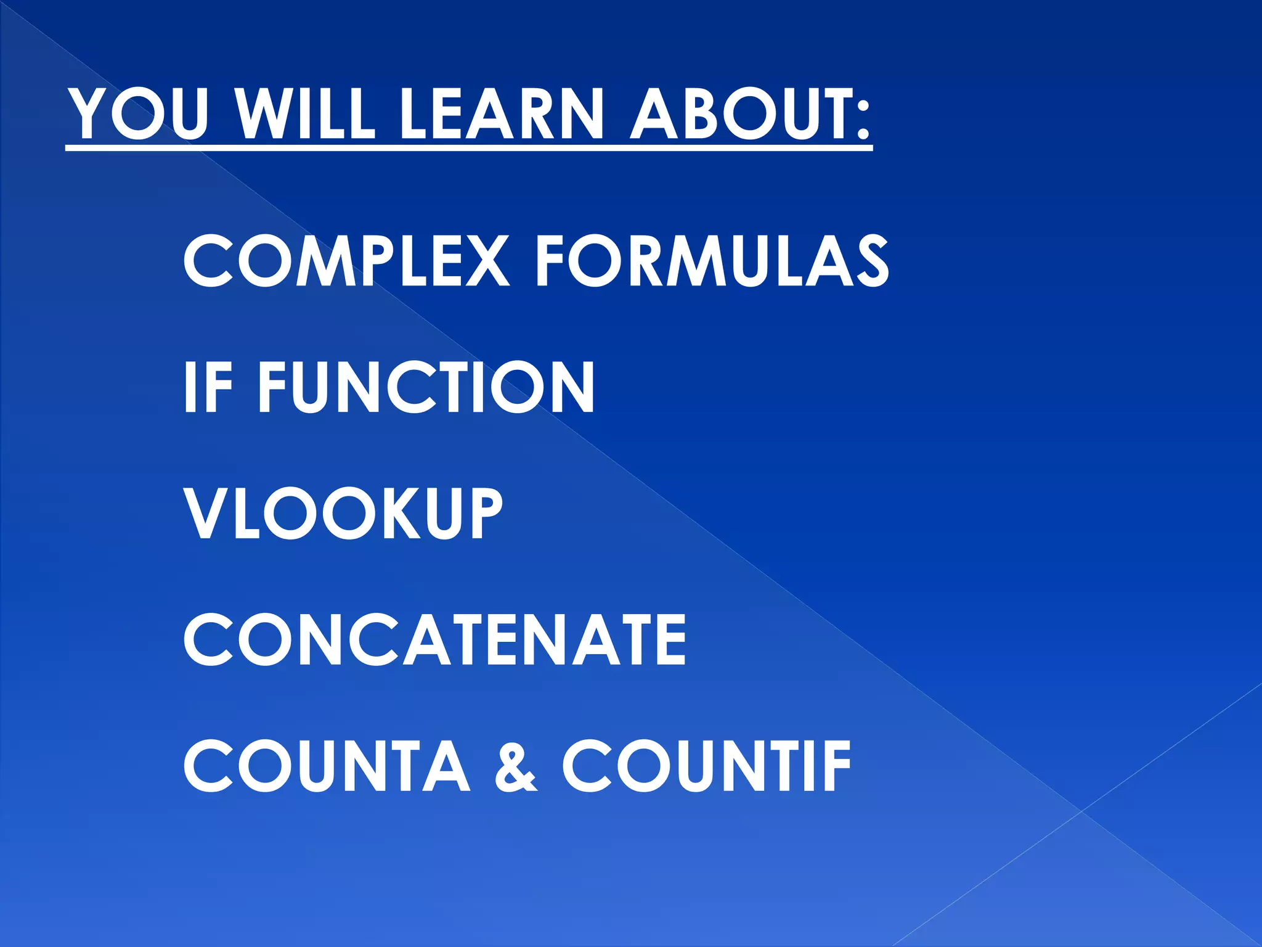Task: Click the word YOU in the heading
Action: [139, 114]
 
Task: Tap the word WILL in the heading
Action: [306, 114]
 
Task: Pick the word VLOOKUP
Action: [343, 514]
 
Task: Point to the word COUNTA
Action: [327, 766]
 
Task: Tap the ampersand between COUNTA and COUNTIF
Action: [516, 768]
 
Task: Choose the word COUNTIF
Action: [706, 766]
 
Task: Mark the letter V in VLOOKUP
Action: [208, 514]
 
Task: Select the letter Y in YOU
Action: [90, 114]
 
